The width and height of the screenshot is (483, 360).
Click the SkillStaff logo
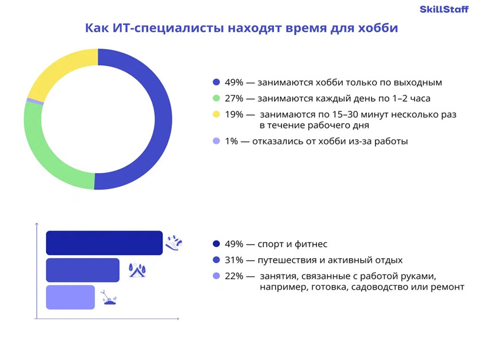coord(444,9)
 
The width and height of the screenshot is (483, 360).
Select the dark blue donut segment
coord(163,120)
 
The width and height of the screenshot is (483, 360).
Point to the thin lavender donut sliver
coord(35,101)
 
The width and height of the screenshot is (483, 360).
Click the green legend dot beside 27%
coord(216,98)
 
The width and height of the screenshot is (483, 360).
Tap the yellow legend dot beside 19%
coord(216,114)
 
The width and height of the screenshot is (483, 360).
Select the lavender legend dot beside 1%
coord(216,141)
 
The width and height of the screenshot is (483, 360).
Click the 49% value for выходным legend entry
coord(234,83)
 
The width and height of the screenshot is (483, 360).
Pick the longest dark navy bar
coord(104,243)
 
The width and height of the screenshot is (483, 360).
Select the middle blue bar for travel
coord(83,270)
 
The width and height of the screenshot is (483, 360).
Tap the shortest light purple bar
coord(70,297)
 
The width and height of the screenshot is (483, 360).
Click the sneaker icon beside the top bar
coord(174,243)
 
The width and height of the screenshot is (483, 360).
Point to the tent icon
coord(137,270)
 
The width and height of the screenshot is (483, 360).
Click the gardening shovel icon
coord(109,297)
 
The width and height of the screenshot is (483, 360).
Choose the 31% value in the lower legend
coord(234,260)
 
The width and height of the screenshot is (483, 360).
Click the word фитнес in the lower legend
coord(311,244)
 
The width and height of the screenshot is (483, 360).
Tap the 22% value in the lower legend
coord(234,276)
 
